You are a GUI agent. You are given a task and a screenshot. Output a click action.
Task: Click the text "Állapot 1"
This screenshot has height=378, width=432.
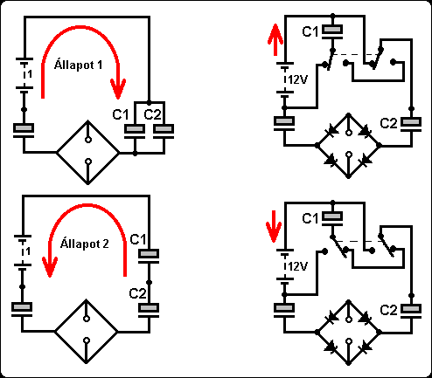tap(78, 65)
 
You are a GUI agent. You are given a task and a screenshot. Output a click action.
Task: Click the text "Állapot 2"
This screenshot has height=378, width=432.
tap(85, 244)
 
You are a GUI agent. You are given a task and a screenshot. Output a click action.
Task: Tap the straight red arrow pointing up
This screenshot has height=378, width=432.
tap(275, 40)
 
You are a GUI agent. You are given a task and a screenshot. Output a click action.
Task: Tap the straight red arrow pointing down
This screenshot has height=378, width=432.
tap(274, 226)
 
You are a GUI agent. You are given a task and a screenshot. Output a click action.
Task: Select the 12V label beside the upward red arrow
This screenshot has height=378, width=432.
tap(297, 79)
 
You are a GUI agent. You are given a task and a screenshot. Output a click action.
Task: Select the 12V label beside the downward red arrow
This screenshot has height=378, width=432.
tap(297, 266)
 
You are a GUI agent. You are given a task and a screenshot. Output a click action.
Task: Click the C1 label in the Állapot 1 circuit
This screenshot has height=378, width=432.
tap(121, 114)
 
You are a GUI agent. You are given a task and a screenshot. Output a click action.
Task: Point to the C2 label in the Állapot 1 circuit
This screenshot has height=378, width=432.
tap(152, 114)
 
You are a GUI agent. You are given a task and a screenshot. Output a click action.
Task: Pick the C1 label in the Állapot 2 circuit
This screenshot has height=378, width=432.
tap(138, 239)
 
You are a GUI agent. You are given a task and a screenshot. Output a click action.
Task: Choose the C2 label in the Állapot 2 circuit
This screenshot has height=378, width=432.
tap(137, 293)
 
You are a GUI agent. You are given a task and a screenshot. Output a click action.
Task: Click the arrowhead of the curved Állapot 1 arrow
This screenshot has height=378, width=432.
tap(118, 89)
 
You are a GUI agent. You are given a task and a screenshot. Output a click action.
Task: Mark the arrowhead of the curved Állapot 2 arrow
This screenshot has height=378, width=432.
tap(50, 267)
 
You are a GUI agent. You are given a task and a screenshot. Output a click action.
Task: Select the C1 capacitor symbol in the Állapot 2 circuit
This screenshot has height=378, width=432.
tap(149, 256)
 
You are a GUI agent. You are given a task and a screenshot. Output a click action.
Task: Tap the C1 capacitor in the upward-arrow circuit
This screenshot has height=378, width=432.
tap(332, 31)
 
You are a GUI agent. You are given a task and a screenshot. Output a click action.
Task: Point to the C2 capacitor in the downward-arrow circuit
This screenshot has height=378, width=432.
tap(411, 310)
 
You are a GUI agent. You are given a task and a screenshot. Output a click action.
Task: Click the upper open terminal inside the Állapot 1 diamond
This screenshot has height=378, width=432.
tap(88, 140)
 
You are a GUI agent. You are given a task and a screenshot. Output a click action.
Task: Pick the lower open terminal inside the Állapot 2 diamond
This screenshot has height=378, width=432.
tap(87, 340)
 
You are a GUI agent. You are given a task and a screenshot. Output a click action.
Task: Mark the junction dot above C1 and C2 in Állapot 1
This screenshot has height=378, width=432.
tap(149, 103)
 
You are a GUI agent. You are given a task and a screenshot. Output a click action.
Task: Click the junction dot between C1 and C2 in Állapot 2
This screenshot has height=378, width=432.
tap(149, 282)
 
